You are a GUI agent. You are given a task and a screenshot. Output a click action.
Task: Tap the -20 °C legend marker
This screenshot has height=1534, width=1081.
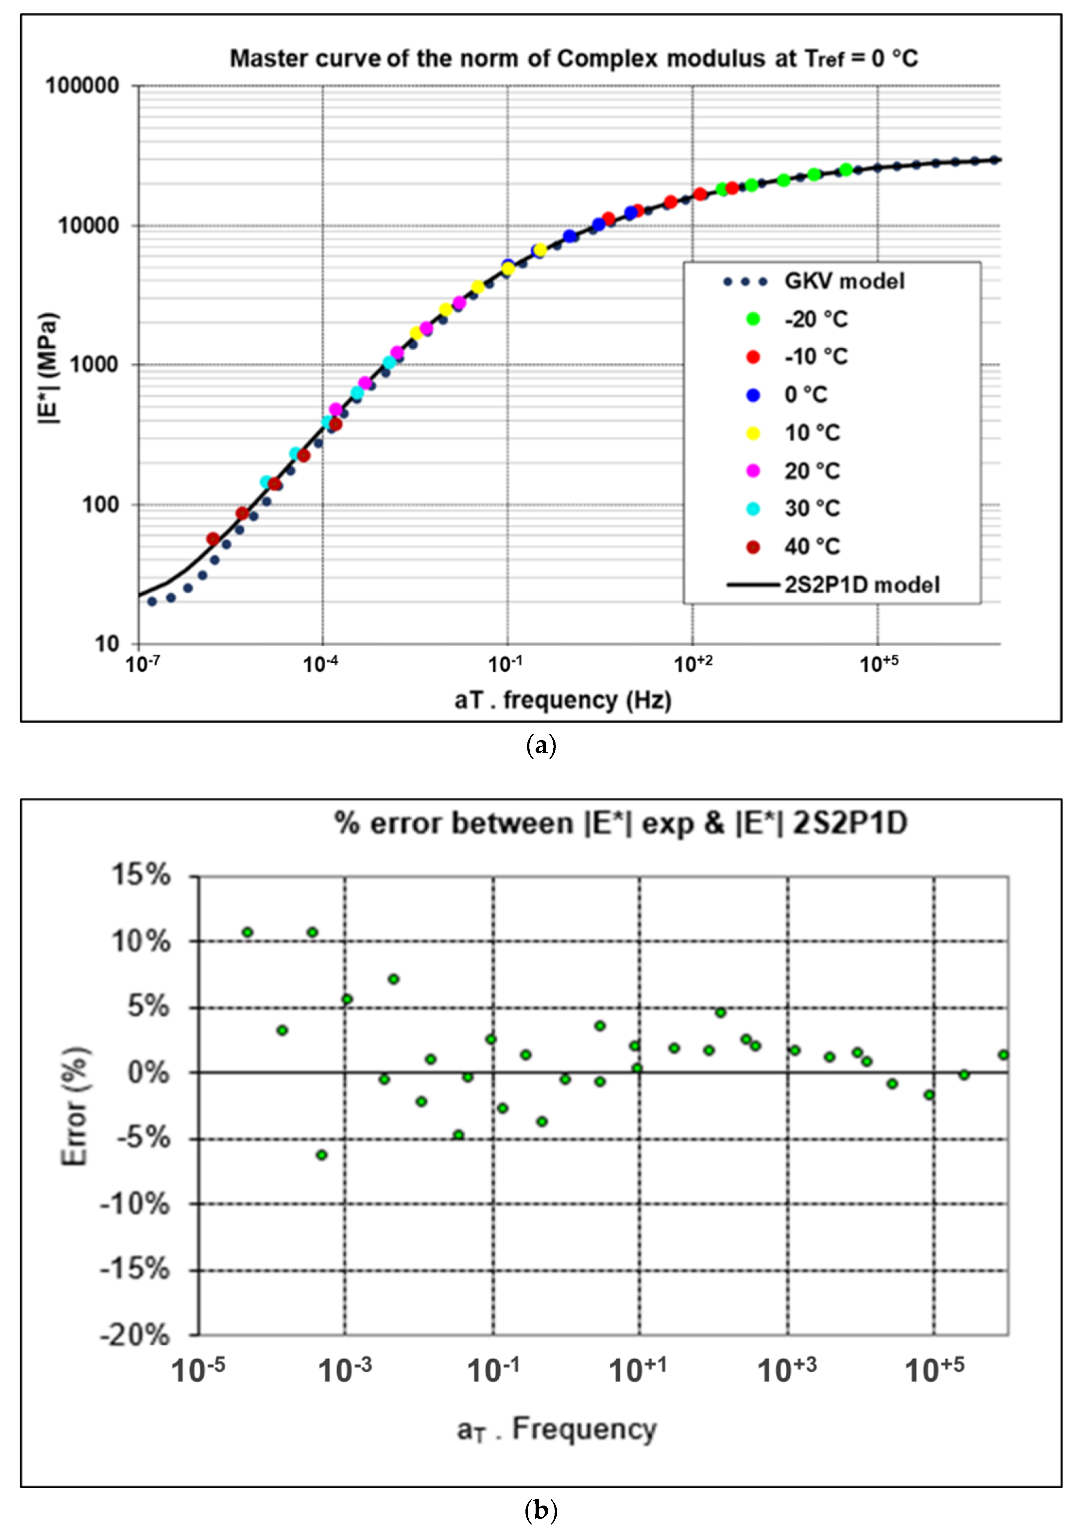[753, 319]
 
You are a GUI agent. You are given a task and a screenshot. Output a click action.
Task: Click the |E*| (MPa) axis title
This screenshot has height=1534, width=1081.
[48, 367]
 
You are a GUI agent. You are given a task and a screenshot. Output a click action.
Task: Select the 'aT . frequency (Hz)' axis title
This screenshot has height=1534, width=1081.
[562, 700]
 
